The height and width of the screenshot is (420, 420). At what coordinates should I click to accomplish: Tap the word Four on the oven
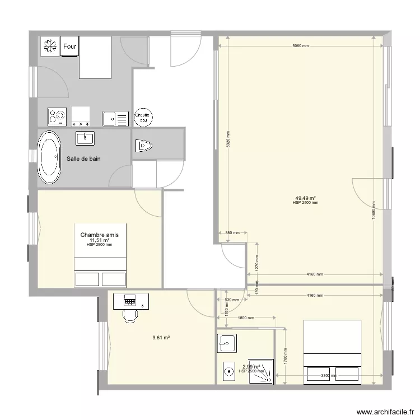(x=70, y=46)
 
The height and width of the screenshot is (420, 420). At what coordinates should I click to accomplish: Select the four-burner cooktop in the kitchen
(x=57, y=116)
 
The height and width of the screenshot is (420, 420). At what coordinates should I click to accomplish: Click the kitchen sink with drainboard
(x=115, y=119)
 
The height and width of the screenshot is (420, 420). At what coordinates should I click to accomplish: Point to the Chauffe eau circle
(x=143, y=116)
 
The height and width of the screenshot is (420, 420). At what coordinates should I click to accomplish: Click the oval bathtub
(x=49, y=158)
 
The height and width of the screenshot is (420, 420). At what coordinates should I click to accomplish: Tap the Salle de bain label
(x=84, y=159)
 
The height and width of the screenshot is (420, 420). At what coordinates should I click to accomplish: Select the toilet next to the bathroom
(x=144, y=146)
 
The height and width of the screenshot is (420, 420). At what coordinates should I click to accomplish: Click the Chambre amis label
(x=100, y=235)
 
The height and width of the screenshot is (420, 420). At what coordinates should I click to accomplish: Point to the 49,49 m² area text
(x=305, y=198)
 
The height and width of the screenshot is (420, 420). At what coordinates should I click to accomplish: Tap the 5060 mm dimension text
(x=300, y=46)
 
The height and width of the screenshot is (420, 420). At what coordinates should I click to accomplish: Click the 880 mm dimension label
(x=232, y=232)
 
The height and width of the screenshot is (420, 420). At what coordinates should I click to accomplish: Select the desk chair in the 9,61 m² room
(x=130, y=316)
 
